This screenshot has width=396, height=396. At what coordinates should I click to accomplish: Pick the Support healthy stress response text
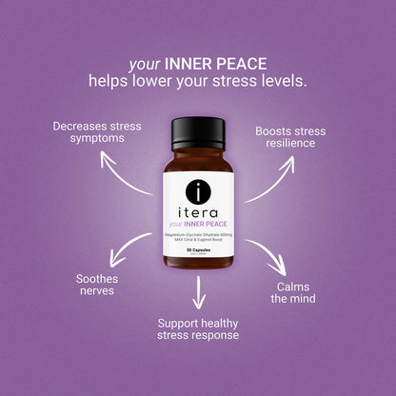coord(198,328)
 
